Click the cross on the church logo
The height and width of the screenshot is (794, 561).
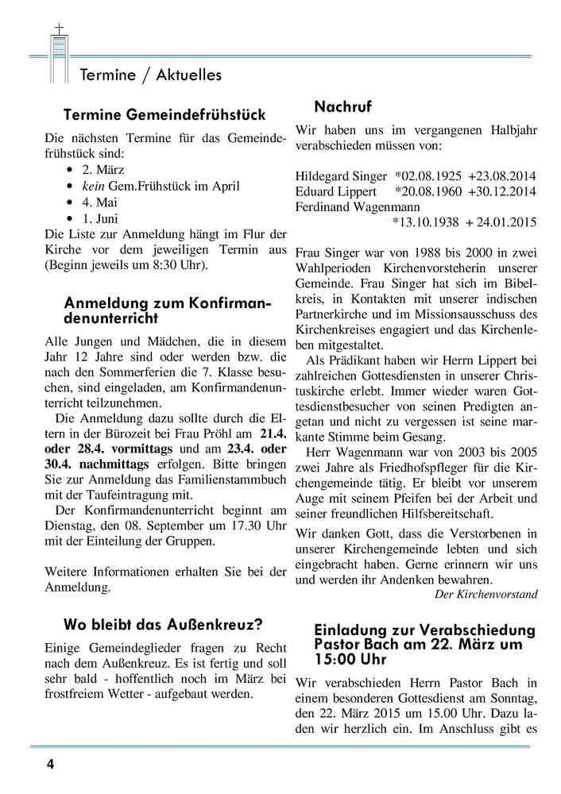(x=58, y=29)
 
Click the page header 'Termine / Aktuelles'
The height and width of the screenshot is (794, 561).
(x=151, y=75)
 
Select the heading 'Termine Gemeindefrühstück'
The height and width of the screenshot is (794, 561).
(x=164, y=115)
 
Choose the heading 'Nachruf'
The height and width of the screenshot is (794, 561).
(x=342, y=106)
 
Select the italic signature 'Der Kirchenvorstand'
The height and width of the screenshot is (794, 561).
(x=486, y=593)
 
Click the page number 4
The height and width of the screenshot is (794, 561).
(x=50, y=765)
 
